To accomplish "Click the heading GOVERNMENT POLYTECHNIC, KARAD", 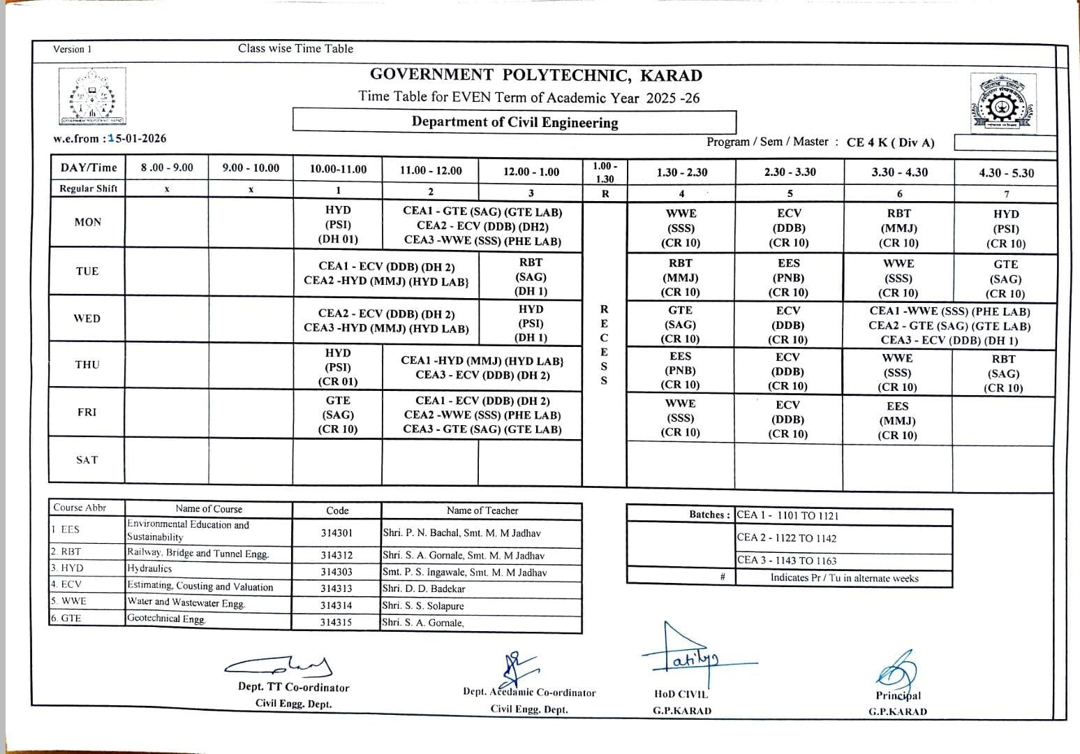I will tap(535, 75).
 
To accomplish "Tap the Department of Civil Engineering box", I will tap(515, 122).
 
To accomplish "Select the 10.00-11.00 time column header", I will tap(338, 169).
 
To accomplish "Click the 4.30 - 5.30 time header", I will tap(1006, 173).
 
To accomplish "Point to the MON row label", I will tap(87, 222).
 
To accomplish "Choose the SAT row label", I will tap(87, 460).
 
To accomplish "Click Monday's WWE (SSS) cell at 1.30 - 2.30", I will tap(681, 228).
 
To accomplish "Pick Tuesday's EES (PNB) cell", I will tap(789, 278).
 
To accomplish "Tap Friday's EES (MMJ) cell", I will tap(897, 421).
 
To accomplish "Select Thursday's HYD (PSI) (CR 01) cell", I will tap(338, 367).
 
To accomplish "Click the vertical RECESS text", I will tap(604, 344).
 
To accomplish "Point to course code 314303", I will tap(336, 572).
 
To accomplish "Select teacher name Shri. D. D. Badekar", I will tap(424, 589).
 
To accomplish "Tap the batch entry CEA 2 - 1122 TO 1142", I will tap(787, 538).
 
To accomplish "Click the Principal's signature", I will tap(898, 670).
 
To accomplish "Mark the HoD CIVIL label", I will tap(681, 695).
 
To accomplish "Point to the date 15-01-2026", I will tap(140, 138).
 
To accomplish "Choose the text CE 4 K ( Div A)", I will tap(890, 142).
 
